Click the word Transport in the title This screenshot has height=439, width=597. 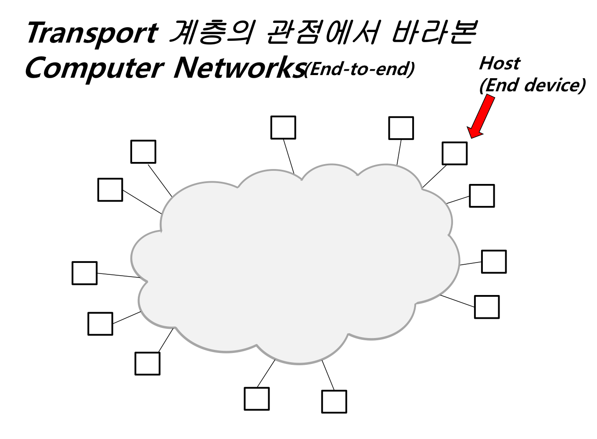91,33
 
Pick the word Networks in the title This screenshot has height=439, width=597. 239,68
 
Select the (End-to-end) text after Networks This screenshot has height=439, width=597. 359,69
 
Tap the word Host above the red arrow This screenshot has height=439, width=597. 499,63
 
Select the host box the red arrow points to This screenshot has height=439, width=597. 454,153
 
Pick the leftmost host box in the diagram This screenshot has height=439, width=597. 84,273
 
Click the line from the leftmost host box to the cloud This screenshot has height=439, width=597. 119,275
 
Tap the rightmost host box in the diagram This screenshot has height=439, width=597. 494,262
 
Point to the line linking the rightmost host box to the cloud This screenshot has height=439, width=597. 471,263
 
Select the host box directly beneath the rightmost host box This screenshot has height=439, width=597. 487,307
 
